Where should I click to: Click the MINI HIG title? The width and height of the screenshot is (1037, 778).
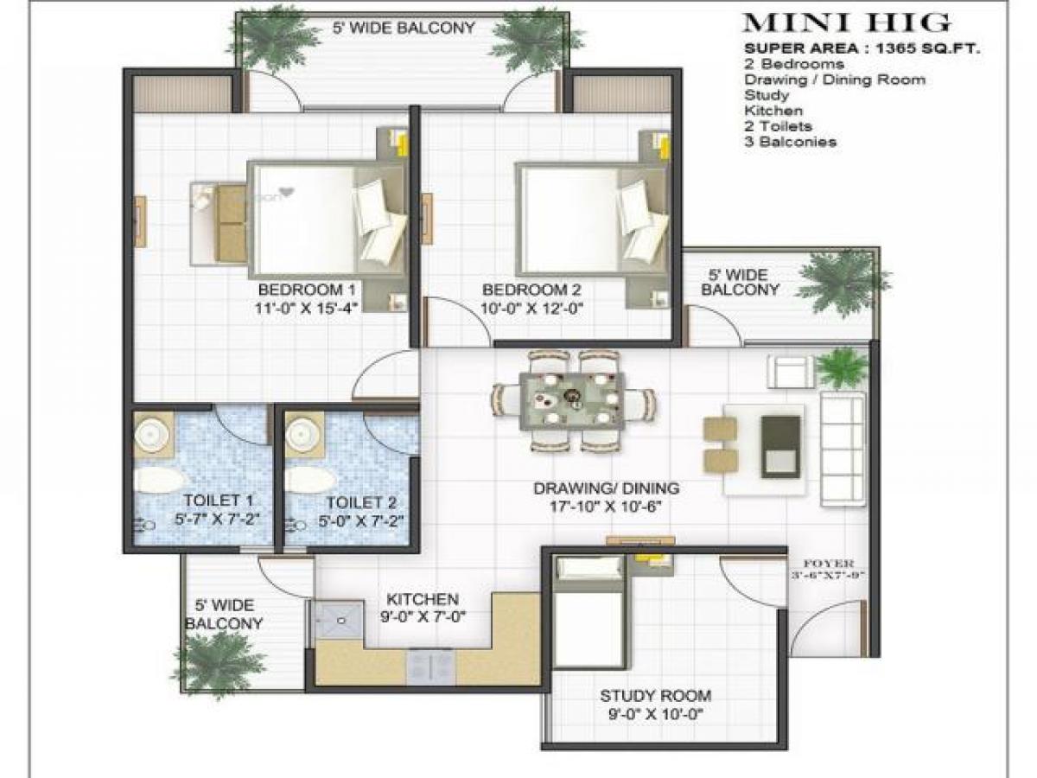click(847, 23)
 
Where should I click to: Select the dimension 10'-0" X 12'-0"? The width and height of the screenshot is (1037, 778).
click(528, 306)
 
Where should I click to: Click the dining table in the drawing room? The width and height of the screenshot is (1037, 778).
click(572, 400)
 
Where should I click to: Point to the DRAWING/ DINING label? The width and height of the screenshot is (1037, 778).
click(606, 488)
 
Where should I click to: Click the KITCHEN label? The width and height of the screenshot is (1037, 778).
click(422, 599)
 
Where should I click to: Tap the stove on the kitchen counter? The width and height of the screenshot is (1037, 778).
click(430, 665)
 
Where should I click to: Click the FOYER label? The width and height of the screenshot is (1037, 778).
click(827, 563)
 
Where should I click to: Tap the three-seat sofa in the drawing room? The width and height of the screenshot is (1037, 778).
click(842, 449)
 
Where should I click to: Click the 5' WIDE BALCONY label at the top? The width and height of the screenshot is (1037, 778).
click(404, 28)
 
